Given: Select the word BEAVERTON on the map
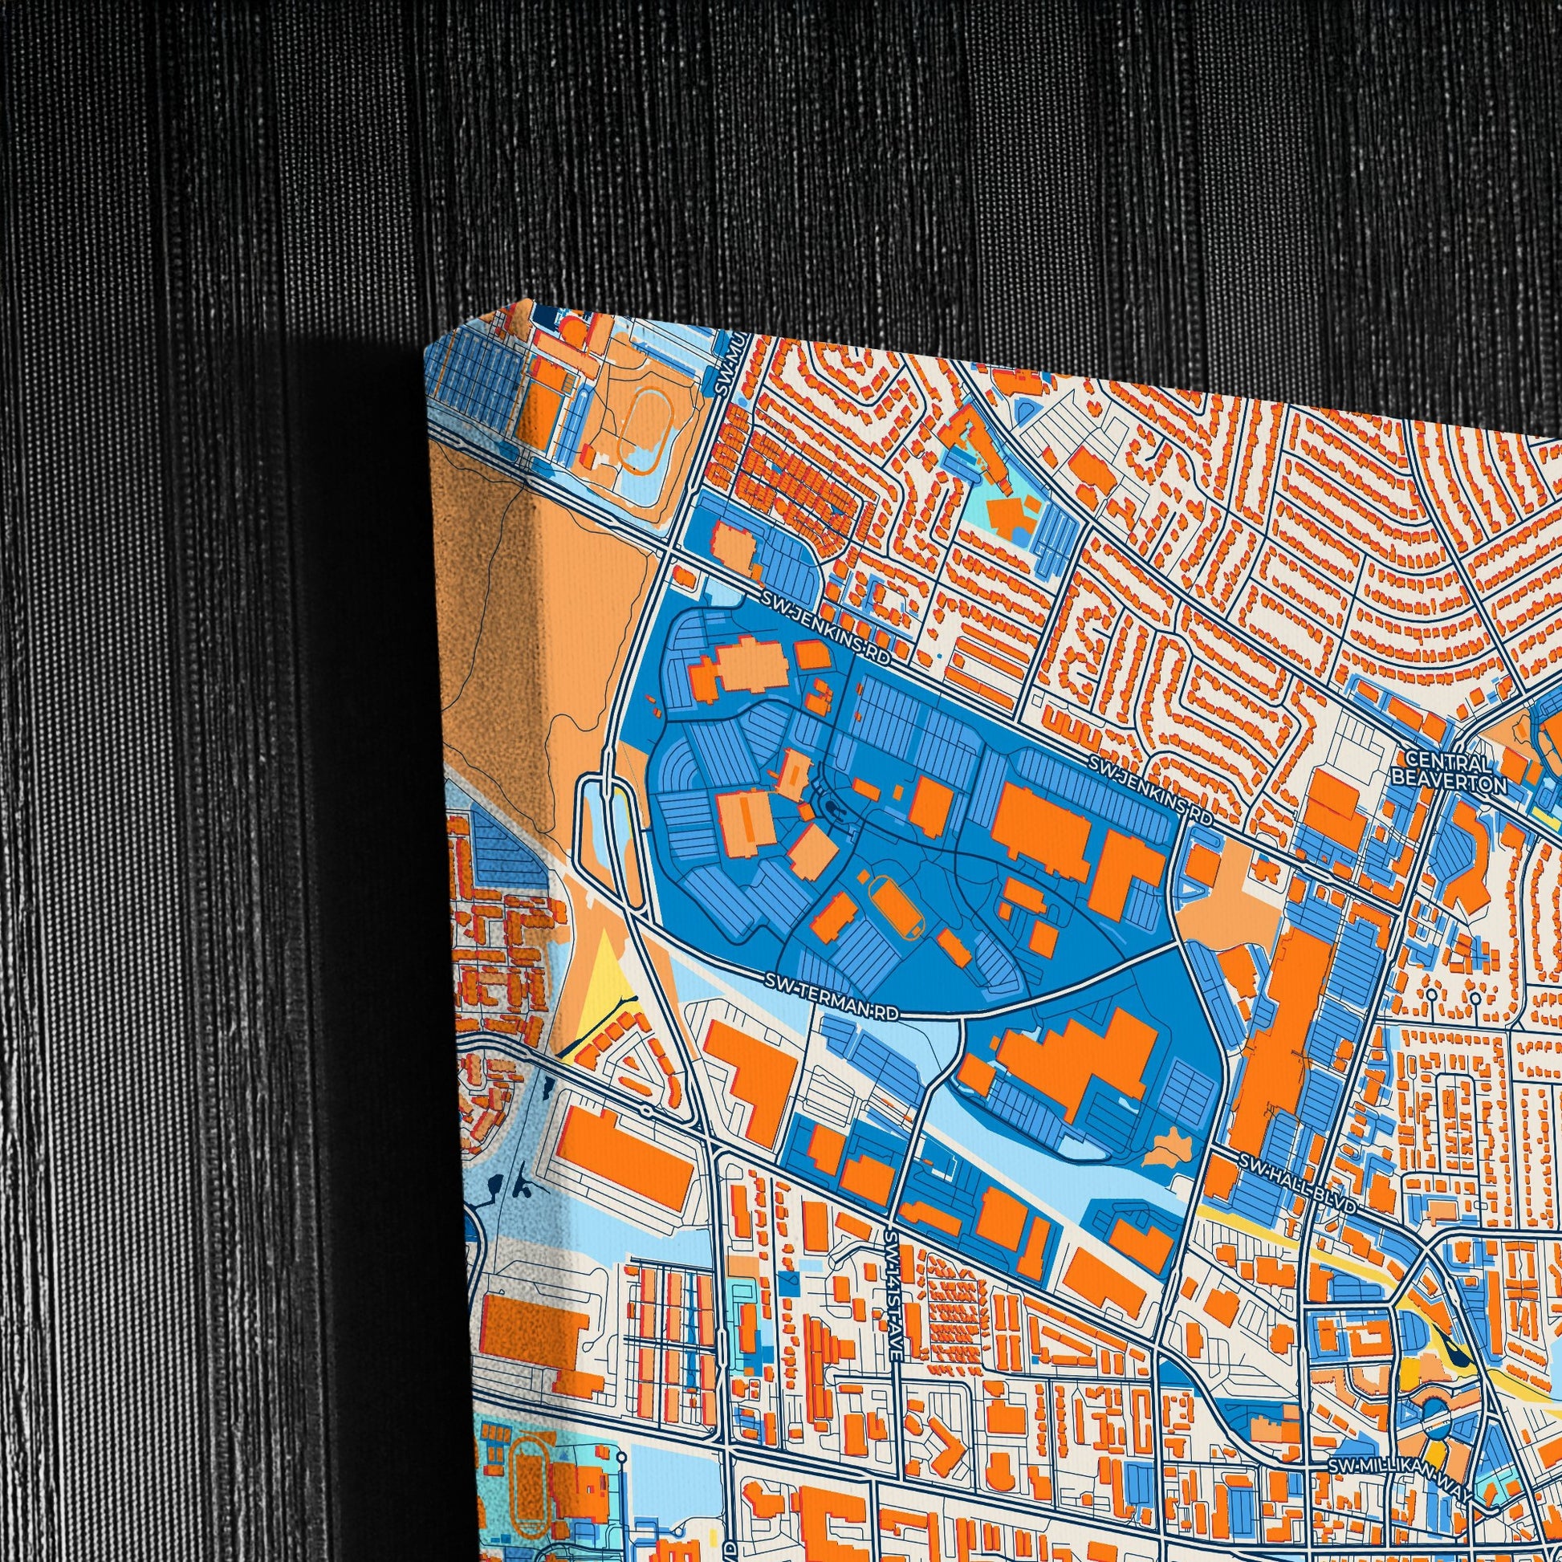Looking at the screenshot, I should pyautogui.click(x=1459, y=783).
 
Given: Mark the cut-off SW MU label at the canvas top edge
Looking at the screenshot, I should pyautogui.click(x=723, y=368).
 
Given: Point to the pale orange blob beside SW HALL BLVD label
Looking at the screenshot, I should pyautogui.click(x=1172, y=1147).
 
